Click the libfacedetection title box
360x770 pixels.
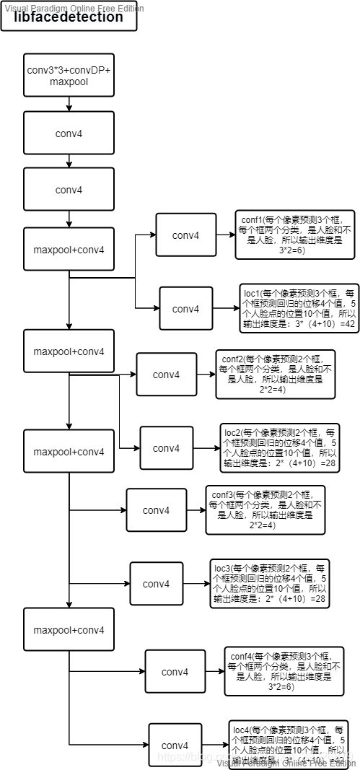click(69, 17)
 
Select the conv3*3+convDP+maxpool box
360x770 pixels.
click(69, 75)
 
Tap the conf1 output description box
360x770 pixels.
click(286, 235)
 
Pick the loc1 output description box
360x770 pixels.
click(298, 308)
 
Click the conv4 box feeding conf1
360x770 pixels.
click(185, 235)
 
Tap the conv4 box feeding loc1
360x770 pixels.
click(185, 309)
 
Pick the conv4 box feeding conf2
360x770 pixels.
click(166, 374)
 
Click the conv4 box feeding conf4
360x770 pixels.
click(175, 671)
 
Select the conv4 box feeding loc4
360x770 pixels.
click(175, 745)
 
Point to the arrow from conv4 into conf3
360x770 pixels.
click(196, 510)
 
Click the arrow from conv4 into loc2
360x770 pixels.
click(206, 447)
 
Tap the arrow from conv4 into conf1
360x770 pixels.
click(225, 235)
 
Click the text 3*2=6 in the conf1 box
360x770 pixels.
click(286, 250)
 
